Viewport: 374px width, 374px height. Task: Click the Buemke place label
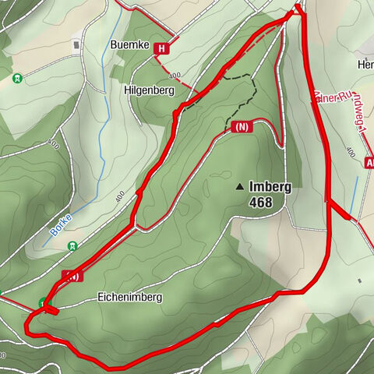(129, 44)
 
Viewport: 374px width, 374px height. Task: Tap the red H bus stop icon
(161, 49)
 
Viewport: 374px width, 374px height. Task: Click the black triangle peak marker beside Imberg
(239, 187)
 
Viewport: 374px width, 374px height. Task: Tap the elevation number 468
(261, 203)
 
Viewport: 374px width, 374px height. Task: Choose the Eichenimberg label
(129, 297)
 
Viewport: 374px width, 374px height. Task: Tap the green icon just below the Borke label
(72, 246)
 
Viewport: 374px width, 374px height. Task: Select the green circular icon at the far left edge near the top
(17, 78)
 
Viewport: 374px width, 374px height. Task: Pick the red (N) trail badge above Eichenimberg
(72, 276)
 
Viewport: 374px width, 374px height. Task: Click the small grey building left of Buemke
(76, 44)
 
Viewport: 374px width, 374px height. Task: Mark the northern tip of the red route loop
(297, 10)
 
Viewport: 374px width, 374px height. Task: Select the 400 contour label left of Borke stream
(53, 145)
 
